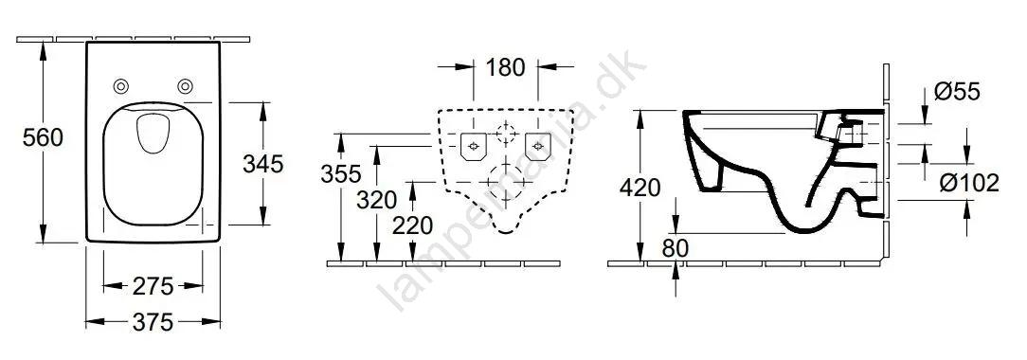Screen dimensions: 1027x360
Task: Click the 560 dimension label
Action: coord(43,138)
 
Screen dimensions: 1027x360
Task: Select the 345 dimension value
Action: coord(262,164)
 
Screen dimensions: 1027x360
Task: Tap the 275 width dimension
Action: coord(153,286)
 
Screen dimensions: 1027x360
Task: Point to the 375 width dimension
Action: coord(153,321)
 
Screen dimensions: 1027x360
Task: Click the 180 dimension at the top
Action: coord(506,66)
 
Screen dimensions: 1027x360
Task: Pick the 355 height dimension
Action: coord(340,174)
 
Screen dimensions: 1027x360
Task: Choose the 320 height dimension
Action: coord(377,199)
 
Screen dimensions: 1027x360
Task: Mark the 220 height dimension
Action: coord(413,225)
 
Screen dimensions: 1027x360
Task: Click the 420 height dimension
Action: coord(640,188)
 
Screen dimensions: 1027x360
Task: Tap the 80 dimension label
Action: coord(676,249)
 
